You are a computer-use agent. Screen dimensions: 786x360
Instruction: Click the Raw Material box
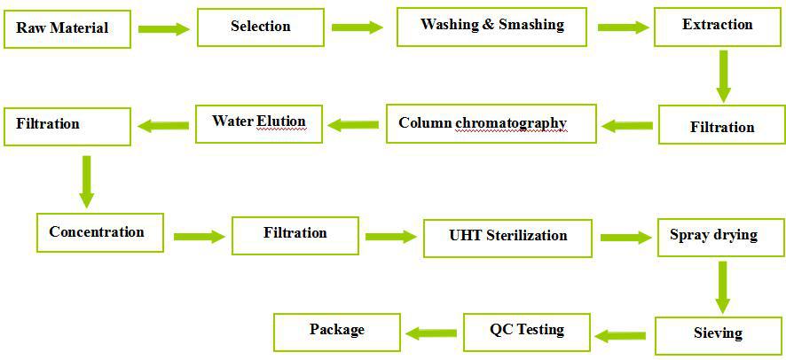tap(67, 29)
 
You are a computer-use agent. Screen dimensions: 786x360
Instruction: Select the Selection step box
tap(261, 27)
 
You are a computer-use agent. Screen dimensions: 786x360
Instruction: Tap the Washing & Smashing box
tap(491, 27)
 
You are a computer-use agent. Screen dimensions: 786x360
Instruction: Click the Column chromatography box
tap(491, 123)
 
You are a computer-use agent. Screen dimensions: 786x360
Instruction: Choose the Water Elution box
tap(259, 123)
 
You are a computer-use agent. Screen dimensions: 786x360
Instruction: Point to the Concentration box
tap(100, 232)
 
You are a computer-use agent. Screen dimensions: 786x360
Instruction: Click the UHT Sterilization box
tap(507, 238)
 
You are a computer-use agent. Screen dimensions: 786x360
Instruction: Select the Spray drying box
tap(721, 238)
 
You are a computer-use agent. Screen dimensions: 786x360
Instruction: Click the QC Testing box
tap(527, 333)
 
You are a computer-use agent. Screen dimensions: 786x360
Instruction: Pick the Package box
tap(337, 333)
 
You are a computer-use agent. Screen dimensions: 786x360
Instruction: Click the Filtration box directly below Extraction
tap(722, 125)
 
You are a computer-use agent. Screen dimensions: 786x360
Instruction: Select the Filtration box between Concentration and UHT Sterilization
tap(295, 235)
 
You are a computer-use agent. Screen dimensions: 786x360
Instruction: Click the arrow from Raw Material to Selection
tap(164, 29)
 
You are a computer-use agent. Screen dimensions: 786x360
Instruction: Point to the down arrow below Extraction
tap(723, 76)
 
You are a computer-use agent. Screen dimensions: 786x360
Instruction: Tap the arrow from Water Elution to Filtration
tap(163, 126)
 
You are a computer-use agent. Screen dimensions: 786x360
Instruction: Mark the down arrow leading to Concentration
tap(86, 182)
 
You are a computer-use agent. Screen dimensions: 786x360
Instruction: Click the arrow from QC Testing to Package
tap(431, 333)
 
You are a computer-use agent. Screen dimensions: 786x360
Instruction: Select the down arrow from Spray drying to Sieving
tap(722, 287)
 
